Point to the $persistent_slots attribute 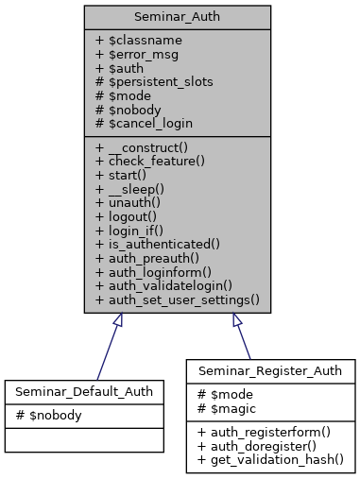click(154, 81)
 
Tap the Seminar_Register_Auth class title click(270, 370)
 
